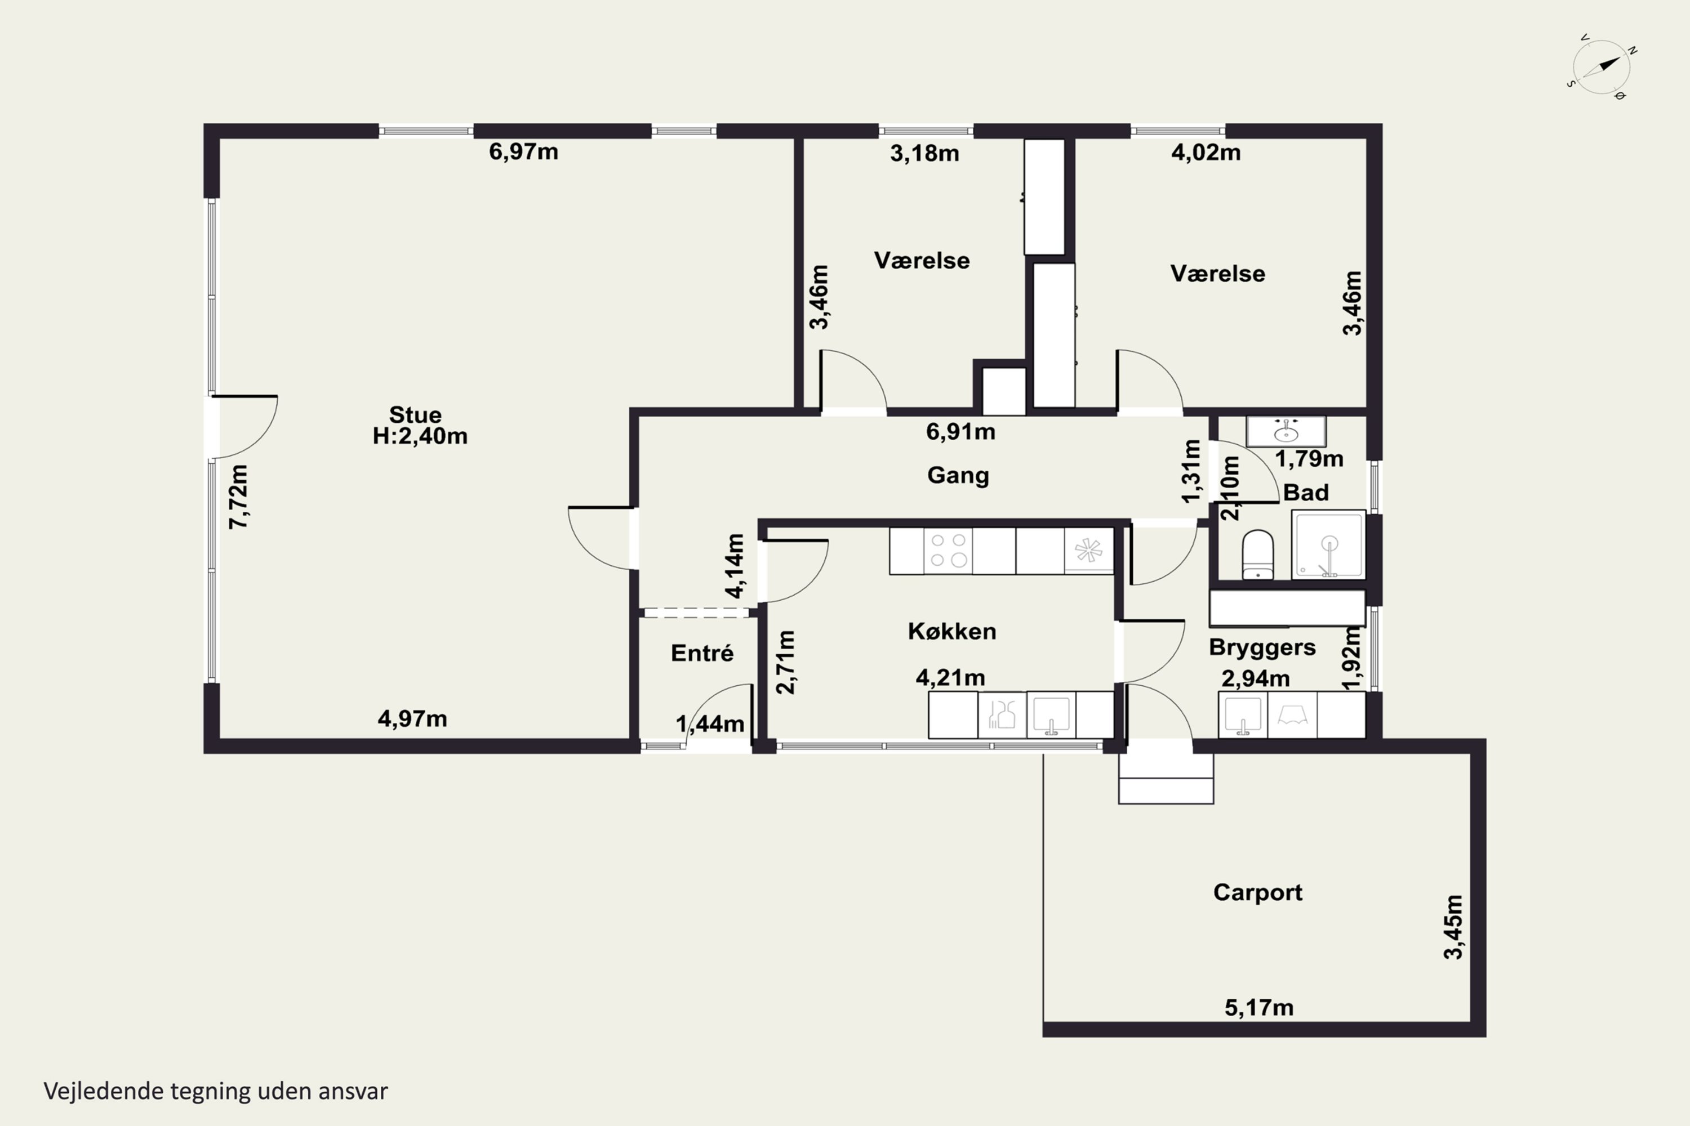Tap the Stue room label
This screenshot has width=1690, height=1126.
[415, 414]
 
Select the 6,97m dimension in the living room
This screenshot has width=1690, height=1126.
[523, 151]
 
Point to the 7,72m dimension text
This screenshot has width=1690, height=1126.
[238, 497]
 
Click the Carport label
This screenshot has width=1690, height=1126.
[1257, 892]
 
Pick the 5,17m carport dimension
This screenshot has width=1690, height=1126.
[1259, 1008]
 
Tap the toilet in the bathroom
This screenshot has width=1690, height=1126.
[1257, 555]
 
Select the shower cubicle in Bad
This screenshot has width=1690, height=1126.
[1328, 544]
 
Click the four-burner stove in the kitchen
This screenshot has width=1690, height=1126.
[948, 551]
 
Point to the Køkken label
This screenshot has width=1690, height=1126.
[952, 631]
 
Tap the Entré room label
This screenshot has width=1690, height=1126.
[702, 653]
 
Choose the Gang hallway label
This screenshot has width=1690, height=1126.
[958, 475]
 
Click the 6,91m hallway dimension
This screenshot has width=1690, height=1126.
[960, 432]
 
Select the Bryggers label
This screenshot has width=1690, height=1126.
[1262, 647]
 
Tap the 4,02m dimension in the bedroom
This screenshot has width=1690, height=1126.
[1206, 152]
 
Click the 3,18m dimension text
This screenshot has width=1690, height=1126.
[925, 153]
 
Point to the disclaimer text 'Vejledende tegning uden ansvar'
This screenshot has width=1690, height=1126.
[216, 1092]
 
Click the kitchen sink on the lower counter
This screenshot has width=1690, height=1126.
[1051, 714]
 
